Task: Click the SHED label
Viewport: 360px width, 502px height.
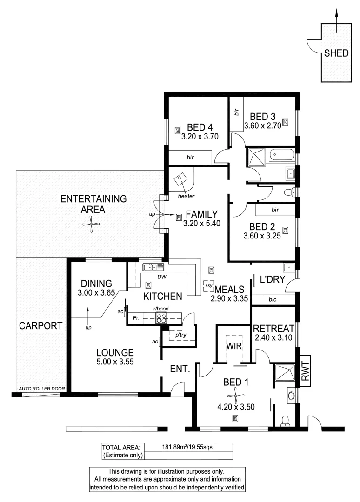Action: click(x=336, y=53)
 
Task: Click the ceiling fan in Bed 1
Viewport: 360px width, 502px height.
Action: click(x=237, y=396)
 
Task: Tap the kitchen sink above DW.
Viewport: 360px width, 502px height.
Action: click(x=153, y=267)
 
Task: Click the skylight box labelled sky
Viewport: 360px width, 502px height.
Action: click(x=208, y=285)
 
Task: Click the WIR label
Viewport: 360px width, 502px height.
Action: click(x=233, y=346)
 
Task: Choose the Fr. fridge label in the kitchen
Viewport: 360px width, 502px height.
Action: click(x=135, y=318)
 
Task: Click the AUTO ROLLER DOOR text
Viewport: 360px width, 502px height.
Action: click(x=41, y=389)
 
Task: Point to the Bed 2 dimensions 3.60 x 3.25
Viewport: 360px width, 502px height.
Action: click(x=262, y=237)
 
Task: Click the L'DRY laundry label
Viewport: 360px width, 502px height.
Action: click(x=271, y=280)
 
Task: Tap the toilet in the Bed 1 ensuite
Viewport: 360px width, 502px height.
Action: click(x=285, y=420)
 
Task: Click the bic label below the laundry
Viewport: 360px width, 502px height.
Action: click(x=273, y=300)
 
